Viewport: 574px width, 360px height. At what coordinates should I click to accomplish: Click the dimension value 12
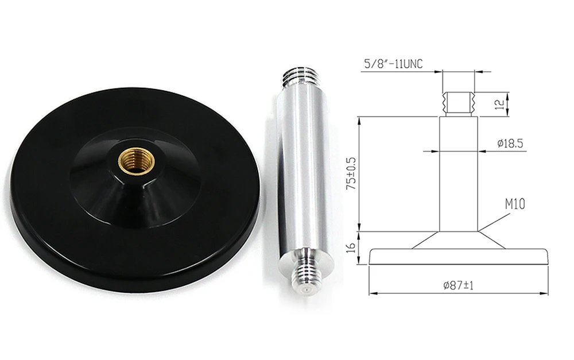[499, 103]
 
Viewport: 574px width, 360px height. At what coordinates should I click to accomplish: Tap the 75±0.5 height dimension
[352, 173]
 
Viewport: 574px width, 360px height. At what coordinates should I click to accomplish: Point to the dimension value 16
[352, 248]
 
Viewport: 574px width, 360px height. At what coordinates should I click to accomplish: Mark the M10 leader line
[496, 222]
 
